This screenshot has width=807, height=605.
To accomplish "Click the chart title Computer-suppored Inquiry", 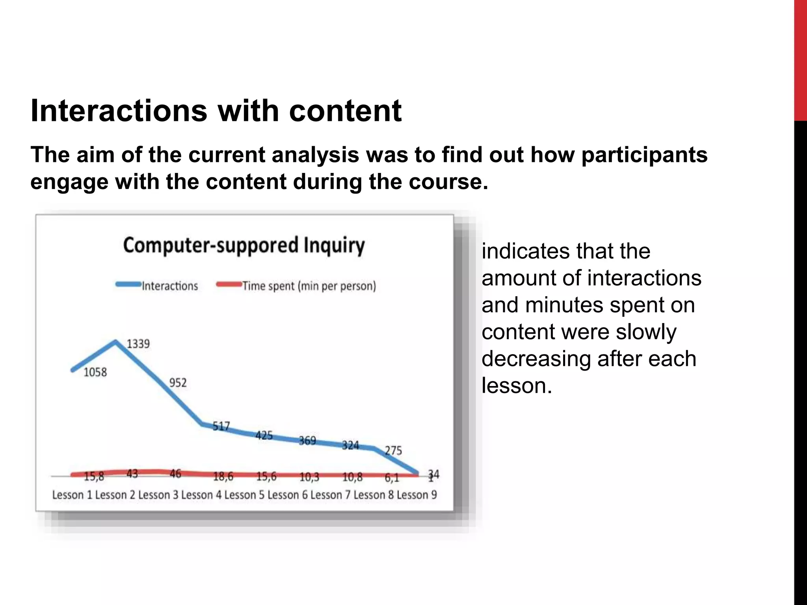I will [x=244, y=245].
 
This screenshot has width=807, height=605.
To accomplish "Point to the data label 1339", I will [x=138, y=344].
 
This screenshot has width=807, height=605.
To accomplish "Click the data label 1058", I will [x=95, y=372].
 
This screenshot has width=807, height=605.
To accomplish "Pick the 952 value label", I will [x=178, y=382].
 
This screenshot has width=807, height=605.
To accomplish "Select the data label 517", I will [x=221, y=426].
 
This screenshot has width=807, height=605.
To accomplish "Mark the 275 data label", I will [x=393, y=450].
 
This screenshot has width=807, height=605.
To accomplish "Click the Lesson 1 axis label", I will [x=72, y=495].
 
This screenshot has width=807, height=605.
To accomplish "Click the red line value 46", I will [x=175, y=473].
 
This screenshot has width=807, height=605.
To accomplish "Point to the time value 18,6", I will [x=223, y=477].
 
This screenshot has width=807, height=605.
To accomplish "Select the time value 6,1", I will [x=392, y=478].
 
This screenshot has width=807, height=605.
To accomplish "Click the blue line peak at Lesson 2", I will [x=115, y=341].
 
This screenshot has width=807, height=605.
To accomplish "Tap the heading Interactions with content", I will [x=216, y=111].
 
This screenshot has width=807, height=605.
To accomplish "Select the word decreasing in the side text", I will [x=536, y=359].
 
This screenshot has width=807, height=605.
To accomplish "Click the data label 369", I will [x=307, y=440].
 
